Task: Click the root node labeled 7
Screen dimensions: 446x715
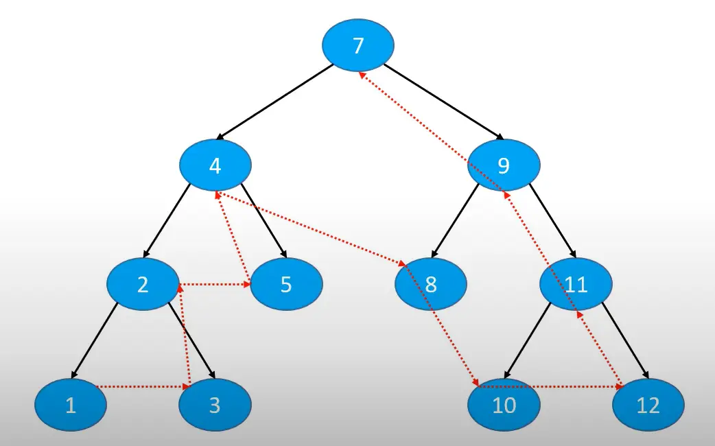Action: (x=358, y=45)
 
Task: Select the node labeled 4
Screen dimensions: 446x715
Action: (x=215, y=165)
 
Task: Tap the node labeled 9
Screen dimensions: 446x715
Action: (x=504, y=165)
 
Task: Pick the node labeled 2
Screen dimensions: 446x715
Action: (x=143, y=283)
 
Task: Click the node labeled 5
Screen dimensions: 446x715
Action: (x=286, y=283)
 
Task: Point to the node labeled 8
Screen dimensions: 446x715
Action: (x=431, y=283)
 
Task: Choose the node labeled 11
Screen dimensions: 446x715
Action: (x=576, y=283)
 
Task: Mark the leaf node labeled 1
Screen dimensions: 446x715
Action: (x=71, y=405)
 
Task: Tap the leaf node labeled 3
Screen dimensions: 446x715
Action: (x=215, y=405)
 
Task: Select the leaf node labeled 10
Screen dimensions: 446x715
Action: (x=504, y=405)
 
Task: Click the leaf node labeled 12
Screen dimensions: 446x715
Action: (x=648, y=405)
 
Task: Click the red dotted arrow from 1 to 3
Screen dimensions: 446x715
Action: (x=141, y=388)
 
